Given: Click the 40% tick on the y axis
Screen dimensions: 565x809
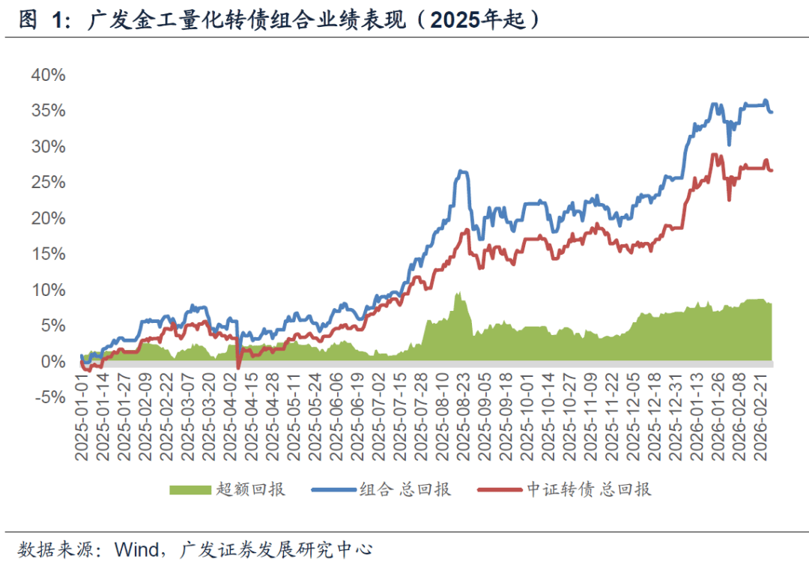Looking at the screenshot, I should point(48,75).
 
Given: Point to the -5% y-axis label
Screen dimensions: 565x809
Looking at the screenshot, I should point(48,397).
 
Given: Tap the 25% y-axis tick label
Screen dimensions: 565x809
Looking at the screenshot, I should point(48,182).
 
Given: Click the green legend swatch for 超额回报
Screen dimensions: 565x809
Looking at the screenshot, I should point(190,489).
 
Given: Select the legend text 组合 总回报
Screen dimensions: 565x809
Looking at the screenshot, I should point(405,489).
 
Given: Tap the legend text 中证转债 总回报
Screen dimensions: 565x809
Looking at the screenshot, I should point(588,489).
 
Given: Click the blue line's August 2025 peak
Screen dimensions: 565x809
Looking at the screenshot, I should point(462,172).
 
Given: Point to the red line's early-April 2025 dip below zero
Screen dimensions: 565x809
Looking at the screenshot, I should point(238,368).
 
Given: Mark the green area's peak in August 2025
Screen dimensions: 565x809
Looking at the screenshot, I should point(457,294).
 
